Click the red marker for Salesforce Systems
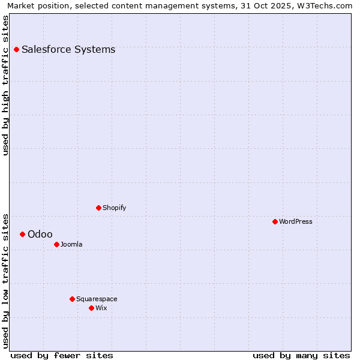pos(16,49)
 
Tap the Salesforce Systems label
pos(68,50)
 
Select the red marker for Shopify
pos(98,208)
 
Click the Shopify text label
pos(114,208)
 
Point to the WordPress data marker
pos(275,221)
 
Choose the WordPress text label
pos(295,222)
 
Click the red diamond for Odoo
pos(22,234)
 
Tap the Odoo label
pos(40,235)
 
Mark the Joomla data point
pos(56,244)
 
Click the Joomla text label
pos(71,245)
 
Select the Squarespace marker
pos(72,299)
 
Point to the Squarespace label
pos(97,299)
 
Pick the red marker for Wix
pos(91,308)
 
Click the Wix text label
pos(101,308)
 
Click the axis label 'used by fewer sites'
pos(62,355)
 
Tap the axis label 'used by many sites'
pos(301,355)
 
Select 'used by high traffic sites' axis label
pos(5,85)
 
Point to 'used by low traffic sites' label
pos(5,280)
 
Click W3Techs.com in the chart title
pos(326,5)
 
